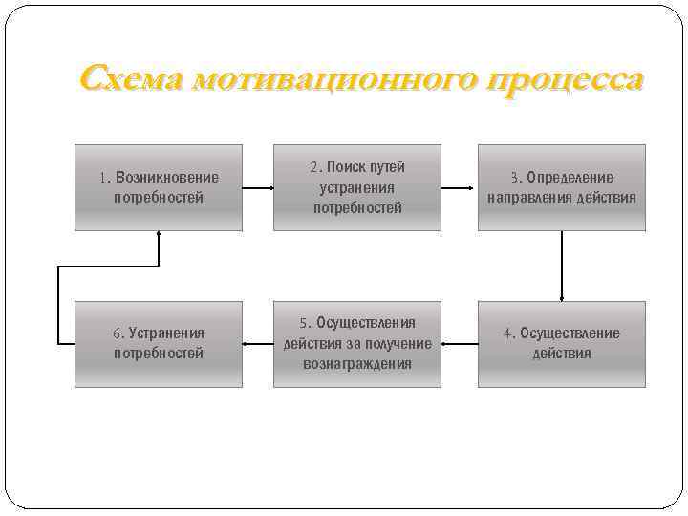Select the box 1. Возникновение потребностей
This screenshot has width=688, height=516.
pos(159,187)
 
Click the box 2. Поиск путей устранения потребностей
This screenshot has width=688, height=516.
pos(357,187)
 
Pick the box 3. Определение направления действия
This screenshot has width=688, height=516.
pos(562,187)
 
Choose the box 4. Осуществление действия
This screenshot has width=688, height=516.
pos(562,344)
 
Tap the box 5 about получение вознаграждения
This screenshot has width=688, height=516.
pos(357,344)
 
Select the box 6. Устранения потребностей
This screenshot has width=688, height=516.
pos(159,344)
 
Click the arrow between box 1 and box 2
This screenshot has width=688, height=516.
pos(258,187)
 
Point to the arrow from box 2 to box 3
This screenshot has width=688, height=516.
pos(460,187)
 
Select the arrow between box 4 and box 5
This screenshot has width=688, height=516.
pos(460,341)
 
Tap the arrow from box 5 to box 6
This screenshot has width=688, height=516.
pos(258,341)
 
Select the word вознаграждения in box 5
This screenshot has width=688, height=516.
pos(357,364)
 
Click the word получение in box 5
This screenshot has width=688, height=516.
pos(395,344)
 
